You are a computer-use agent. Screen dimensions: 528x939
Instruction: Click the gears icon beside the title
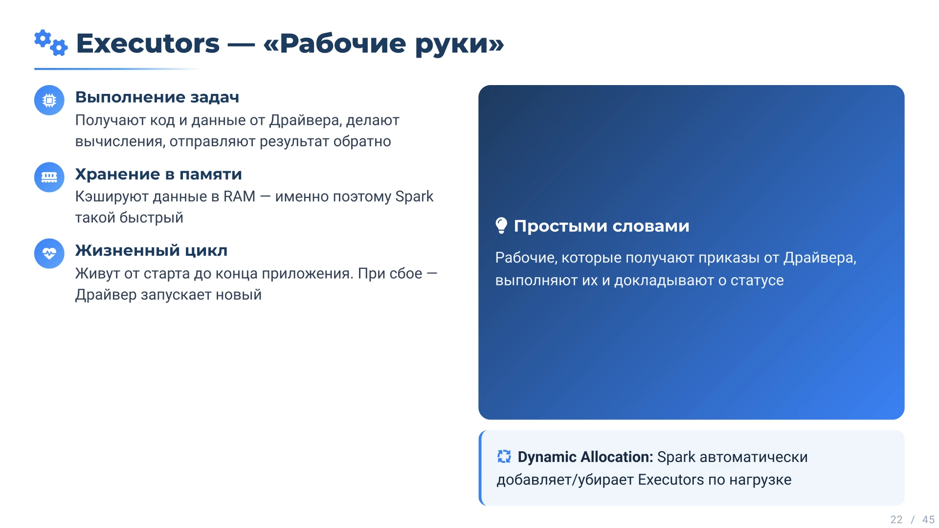point(51,43)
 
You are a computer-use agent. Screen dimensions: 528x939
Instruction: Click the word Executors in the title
point(148,44)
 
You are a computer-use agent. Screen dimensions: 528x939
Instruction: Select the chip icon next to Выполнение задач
point(49,100)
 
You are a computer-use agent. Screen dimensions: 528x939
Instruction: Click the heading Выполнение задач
point(157,97)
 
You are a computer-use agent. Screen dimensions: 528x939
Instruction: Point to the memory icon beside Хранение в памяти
point(49,177)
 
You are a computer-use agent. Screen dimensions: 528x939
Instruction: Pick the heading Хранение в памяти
point(158,174)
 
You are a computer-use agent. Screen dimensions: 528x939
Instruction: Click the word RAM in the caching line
point(239,197)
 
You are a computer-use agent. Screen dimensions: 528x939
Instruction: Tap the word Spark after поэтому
point(414,197)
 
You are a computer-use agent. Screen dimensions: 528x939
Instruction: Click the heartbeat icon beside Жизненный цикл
point(49,253)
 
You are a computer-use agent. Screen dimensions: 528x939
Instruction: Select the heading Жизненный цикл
point(151,250)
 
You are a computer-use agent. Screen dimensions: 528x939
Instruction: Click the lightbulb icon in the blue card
point(501,226)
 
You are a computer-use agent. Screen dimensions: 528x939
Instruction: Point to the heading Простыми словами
point(602,226)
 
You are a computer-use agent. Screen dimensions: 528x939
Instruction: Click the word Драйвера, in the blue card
point(820,258)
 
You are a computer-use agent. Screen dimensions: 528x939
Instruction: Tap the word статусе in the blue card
point(757,281)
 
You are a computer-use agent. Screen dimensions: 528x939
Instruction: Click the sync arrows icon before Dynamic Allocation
point(504,457)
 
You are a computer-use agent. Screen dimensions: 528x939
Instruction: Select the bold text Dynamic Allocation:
point(585,457)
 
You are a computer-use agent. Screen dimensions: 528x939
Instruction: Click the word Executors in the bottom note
point(671,480)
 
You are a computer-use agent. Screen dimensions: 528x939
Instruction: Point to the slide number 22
point(896,520)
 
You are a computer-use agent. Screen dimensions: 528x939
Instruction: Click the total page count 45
point(928,520)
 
